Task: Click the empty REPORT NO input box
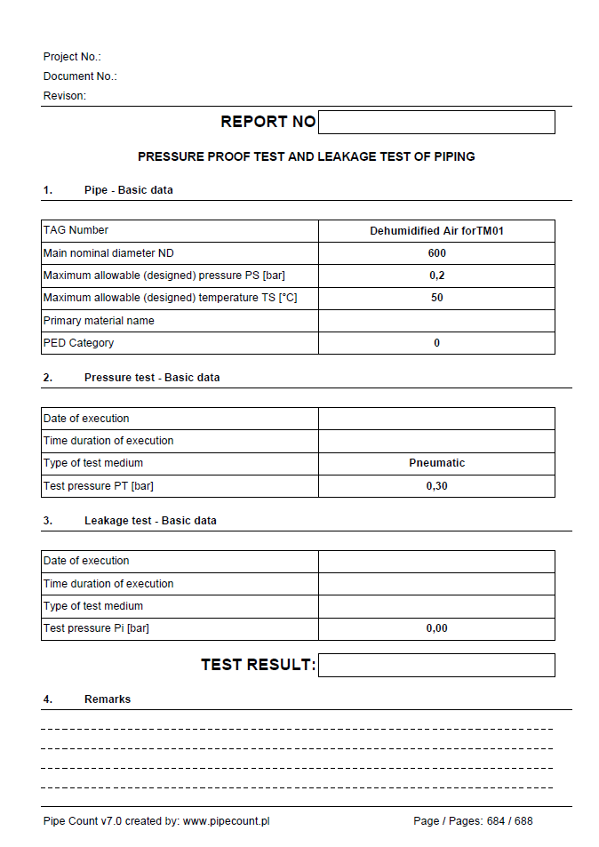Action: pyautogui.click(x=435, y=122)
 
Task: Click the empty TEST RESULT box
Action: pyautogui.click(x=435, y=665)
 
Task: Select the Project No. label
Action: pyautogui.click(x=72, y=57)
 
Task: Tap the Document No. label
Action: pyautogui.click(x=80, y=76)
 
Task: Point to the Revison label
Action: pyautogui.click(x=65, y=96)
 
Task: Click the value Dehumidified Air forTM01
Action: pyautogui.click(x=436, y=231)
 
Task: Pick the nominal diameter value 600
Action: pyautogui.click(x=436, y=253)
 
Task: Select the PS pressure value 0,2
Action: pyautogui.click(x=436, y=276)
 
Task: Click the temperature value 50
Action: pyautogui.click(x=436, y=298)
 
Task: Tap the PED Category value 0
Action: pyautogui.click(x=436, y=343)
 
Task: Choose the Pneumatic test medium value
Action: pyautogui.click(x=436, y=463)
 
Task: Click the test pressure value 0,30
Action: pyautogui.click(x=436, y=486)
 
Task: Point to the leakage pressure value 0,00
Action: pyautogui.click(x=436, y=628)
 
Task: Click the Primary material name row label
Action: pyautogui.click(x=99, y=321)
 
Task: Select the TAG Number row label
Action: pyautogui.click(x=76, y=230)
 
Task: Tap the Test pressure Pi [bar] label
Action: pyautogui.click(x=96, y=628)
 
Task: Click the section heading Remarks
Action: pyautogui.click(x=108, y=699)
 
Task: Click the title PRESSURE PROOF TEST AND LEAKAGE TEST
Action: pyautogui.click(x=306, y=156)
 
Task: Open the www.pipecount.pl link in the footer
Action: pyautogui.click(x=226, y=821)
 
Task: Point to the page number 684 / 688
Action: pyautogui.click(x=509, y=821)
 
